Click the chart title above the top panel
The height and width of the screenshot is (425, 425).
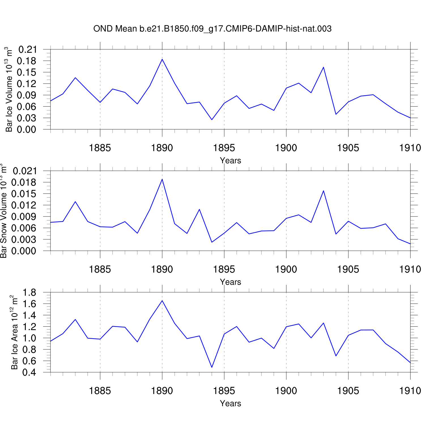212,29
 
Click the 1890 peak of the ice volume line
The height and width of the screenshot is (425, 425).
162,59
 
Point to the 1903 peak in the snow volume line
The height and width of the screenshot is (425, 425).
324,191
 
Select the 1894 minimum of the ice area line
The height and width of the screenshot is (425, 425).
212,367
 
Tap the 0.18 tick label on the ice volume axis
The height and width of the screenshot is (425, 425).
27,61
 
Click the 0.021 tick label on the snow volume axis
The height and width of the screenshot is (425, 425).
25,171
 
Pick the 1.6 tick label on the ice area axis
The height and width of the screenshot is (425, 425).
29,304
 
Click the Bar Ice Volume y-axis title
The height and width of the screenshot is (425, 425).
9,89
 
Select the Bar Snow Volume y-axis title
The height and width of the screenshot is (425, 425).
3,211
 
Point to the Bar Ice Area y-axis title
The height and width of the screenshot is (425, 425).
14,332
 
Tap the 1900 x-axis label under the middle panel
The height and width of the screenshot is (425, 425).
286,269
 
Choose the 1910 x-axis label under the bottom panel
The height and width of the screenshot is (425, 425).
410,391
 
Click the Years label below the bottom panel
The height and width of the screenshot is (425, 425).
230,403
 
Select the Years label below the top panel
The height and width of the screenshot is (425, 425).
230,160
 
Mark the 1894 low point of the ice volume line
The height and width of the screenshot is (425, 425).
212,120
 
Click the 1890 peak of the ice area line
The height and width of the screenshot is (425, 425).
162,301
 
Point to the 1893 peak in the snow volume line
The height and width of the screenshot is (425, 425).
199,209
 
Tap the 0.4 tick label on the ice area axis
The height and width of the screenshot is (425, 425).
29,372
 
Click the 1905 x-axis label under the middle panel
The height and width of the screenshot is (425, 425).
348,269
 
